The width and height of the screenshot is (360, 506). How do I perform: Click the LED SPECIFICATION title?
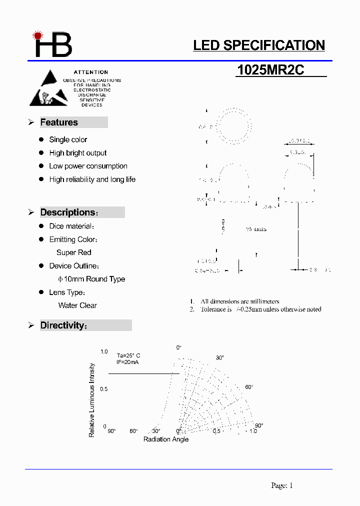tap(259, 45)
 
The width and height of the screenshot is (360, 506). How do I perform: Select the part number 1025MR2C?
tap(270, 70)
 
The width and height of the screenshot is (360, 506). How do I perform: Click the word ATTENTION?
tap(91, 72)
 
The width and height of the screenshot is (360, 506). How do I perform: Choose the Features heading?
tap(59, 122)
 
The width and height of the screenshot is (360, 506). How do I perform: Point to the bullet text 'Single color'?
tap(68, 139)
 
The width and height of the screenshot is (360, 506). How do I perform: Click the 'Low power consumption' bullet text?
tap(88, 166)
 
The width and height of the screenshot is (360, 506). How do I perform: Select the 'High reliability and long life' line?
tap(92, 179)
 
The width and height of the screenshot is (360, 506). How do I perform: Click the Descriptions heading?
tap(68, 212)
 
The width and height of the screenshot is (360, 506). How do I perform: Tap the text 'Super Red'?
tap(73, 252)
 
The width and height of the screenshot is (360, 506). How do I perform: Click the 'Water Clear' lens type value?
tap(77, 305)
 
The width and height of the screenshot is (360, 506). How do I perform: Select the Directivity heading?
tap(63, 325)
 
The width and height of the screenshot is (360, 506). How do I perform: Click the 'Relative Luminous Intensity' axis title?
tap(91, 400)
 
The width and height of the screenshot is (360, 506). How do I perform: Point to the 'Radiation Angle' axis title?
tap(166, 439)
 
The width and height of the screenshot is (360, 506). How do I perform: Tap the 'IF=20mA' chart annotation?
tap(127, 361)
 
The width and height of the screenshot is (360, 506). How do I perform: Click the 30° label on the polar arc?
tap(220, 357)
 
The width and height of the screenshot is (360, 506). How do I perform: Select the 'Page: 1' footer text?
tap(281, 485)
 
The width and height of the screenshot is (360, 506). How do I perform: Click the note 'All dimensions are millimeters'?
tap(239, 301)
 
